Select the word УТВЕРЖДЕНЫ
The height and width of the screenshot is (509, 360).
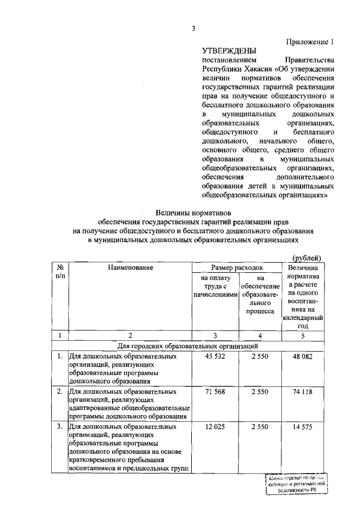pyautogui.click(x=228, y=51)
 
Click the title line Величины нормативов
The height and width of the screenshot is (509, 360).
pyautogui.click(x=192, y=213)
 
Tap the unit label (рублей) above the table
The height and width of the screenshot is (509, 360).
pyautogui.click(x=307, y=258)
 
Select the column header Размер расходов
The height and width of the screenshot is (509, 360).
pyautogui.click(x=236, y=268)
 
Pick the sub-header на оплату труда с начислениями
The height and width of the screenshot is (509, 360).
pyautogui.click(x=214, y=286)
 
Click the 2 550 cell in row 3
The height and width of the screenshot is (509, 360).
pyautogui.click(x=259, y=426)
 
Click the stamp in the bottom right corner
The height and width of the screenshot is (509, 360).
pyautogui.click(x=296, y=483)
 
